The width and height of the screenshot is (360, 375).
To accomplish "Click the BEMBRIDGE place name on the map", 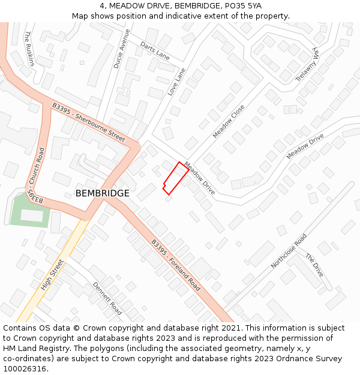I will point(102,193).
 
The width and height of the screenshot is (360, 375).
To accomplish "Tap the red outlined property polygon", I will point(175,178).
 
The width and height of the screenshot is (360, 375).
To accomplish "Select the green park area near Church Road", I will point(29,210).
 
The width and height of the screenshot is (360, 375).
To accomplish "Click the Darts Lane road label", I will point(155,50).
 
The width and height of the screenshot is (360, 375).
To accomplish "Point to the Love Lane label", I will point(176,82).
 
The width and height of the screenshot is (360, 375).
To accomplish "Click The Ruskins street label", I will point(29,49).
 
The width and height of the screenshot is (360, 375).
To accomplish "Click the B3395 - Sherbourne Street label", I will point(89,122).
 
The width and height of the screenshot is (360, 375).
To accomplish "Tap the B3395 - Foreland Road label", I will point(176,262).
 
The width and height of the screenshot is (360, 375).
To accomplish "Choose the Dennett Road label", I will point(107,298).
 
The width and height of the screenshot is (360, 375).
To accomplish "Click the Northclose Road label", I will point(289,251).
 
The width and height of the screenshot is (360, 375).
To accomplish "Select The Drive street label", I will point(314,265).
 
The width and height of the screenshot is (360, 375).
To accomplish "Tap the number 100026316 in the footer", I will point(25,368).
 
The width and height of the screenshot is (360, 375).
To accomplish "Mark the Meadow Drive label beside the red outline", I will point(200,178).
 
